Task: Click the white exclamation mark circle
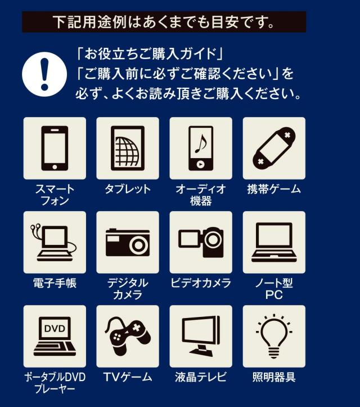click(x=44, y=74)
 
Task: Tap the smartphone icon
click(x=55, y=148)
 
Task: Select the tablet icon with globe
click(x=128, y=148)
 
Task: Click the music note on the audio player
click(x=201, y=144)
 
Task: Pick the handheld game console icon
click(x=274, y=148)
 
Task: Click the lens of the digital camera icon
click(x=139, y=245)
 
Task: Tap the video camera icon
click(x=201, y=242)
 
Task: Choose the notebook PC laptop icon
click(x=274, y=242)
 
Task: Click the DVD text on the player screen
click(x=55, y=329)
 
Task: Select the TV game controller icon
click(x=128, y=336)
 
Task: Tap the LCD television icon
click(x=201, y=336)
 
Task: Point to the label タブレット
click(x=128, y=189)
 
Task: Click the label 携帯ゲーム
click(x=274, y=189)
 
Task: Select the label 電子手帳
click(x=55, y=283)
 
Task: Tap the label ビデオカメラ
click(x=201, y=283)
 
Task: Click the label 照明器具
click(x=274, y=377)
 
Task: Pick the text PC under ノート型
click(x=274, y=295)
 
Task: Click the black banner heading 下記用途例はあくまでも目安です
click(x=164, y=22)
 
